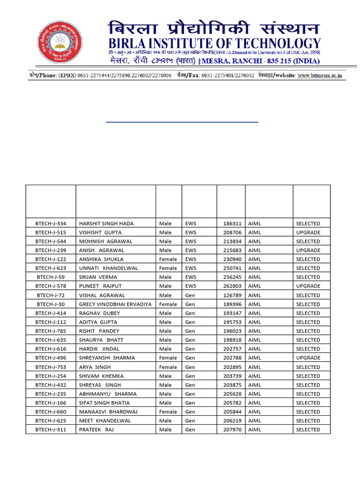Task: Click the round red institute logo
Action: point(60,43)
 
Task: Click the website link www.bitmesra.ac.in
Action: point(320,75)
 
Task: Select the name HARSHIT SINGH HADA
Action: point(106,224)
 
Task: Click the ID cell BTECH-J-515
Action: point(51,232)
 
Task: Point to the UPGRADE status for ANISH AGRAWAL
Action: point(308,250)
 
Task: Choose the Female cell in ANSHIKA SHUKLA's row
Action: point(168,259)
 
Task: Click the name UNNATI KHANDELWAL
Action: point(108,268)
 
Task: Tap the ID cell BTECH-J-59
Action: point(51,277)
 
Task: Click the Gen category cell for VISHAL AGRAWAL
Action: point(190,295)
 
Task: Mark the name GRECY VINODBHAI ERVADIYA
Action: point(115,304)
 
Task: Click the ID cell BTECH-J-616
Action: point(51,349)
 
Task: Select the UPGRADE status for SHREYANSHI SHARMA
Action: point(308,358)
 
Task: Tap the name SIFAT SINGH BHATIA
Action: point(104,403)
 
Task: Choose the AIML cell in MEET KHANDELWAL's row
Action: point(255,420)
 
